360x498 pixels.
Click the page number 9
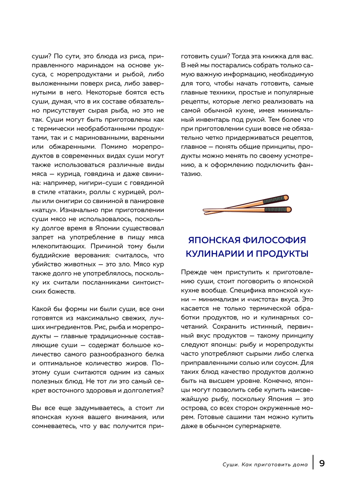click(x=322, y=463)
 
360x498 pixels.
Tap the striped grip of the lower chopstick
click(x=276, y=209)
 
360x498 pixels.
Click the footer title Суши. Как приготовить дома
click(x=265, y=465)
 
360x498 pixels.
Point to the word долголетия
click(x=141, y=390)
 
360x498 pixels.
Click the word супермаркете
click(x=256, y=426)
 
